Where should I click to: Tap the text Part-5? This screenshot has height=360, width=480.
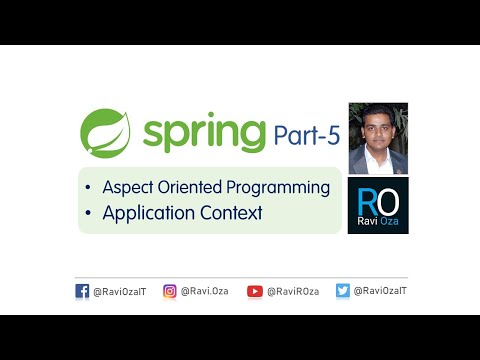pos(306,132)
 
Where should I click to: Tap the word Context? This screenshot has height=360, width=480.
pos(228,212)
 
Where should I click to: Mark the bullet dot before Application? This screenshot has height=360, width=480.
pos(91,213)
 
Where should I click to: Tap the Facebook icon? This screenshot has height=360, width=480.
pos(82,291)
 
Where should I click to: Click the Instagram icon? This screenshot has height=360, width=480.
pos(170,291)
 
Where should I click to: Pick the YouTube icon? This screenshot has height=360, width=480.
pos(255,291)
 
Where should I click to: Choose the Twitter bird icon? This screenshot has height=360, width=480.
pos(342,291)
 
